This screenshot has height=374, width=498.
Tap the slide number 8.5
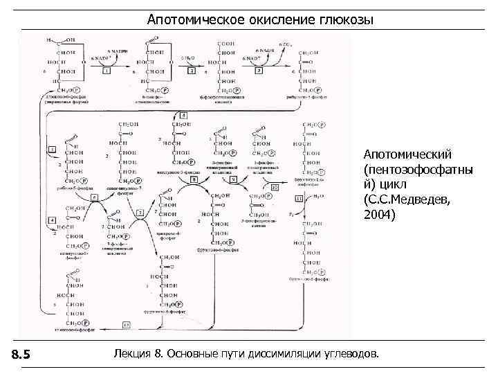click(22, 355)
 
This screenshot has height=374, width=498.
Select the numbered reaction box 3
click(258, 71)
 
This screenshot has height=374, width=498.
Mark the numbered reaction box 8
click(194, 179)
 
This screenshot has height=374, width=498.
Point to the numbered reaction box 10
click(275, 186)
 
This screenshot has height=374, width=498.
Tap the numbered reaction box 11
click(299, 198)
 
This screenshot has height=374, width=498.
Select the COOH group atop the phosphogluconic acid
click(226, 44)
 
